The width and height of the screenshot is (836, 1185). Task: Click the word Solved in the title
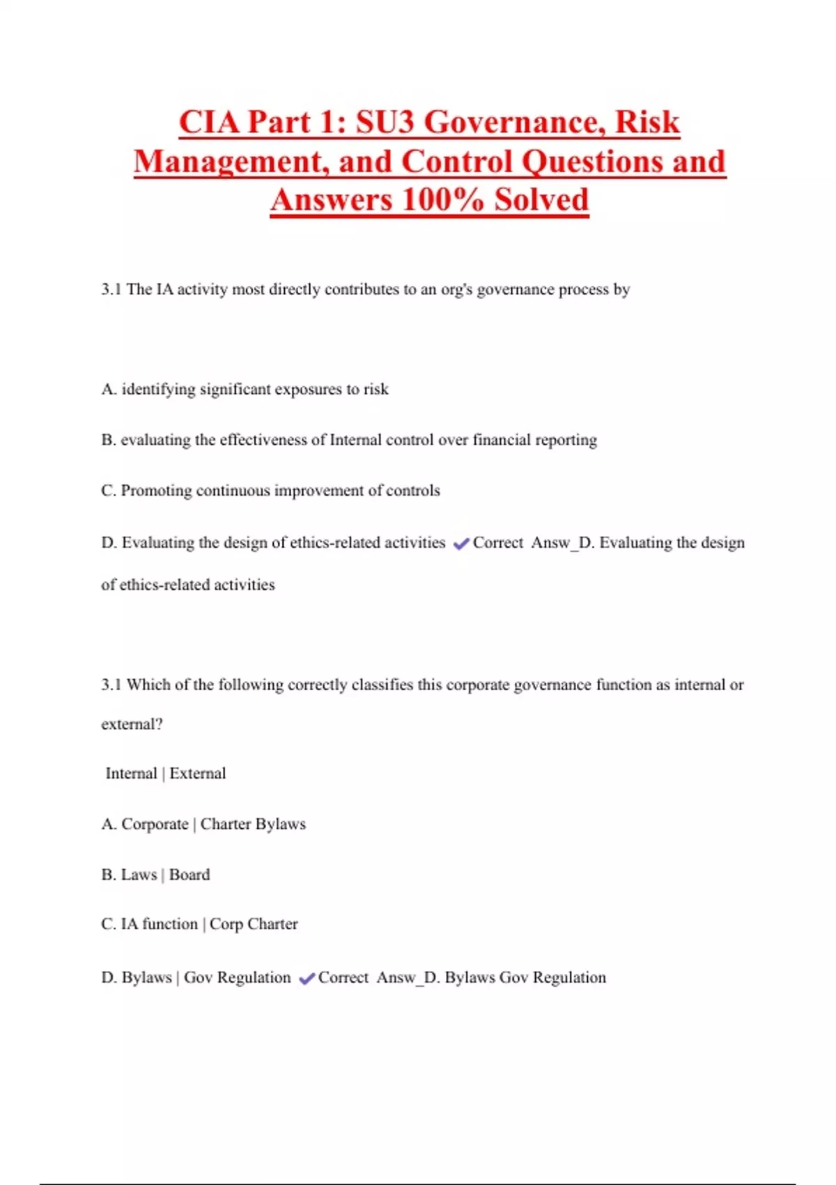click(x=541, y=200)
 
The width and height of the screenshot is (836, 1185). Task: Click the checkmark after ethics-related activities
click(x=460, y=544)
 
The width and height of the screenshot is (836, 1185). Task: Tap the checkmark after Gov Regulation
click(x=307, y=979)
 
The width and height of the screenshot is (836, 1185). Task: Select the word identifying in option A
click(x=158, y=389)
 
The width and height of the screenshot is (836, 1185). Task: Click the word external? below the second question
click(x=132, y=724)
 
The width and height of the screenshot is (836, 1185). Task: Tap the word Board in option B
click(x=189, y=875)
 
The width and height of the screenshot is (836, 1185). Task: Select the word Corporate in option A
click(x=155, y=824)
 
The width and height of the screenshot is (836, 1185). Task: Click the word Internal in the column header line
click(x=131, y=773)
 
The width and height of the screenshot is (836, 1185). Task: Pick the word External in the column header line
click(x=198, y=773)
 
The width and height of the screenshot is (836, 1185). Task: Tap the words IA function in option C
click(x=160, y=924)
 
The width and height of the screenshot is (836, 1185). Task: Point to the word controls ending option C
click(x=413, y=491)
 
